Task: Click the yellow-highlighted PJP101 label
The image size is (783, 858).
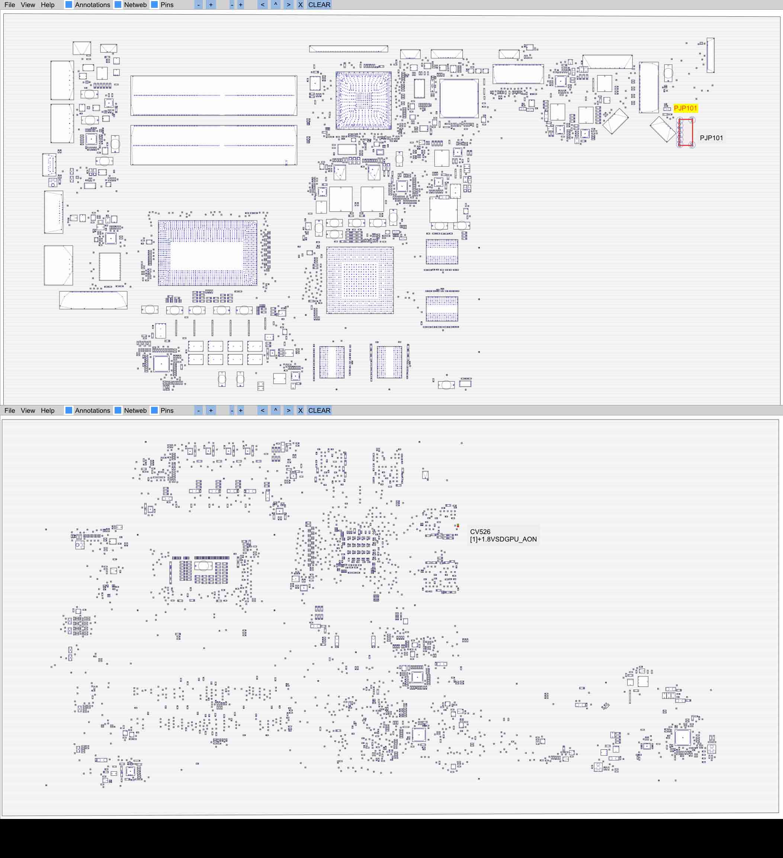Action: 685,108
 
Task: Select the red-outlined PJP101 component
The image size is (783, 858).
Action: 685,133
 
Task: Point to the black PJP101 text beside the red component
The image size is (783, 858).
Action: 711,138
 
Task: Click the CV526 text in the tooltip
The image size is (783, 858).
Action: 480,531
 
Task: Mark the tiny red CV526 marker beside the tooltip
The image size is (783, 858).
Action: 458,526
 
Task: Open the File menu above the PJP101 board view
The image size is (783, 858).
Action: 9,5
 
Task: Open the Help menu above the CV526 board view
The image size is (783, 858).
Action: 48,410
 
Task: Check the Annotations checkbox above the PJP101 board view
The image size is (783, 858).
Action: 68,5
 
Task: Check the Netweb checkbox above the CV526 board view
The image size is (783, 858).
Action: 118,410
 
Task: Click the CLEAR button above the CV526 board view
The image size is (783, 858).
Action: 319,410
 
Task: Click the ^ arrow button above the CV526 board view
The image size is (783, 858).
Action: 276,410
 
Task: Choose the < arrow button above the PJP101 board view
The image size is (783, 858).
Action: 262,5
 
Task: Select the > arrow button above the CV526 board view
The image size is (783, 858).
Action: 288,410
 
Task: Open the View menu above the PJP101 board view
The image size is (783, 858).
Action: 28,5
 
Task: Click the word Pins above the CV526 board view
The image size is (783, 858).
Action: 167,410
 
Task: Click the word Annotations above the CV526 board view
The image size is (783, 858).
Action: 92,410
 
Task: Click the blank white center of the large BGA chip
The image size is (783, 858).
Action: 206,256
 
